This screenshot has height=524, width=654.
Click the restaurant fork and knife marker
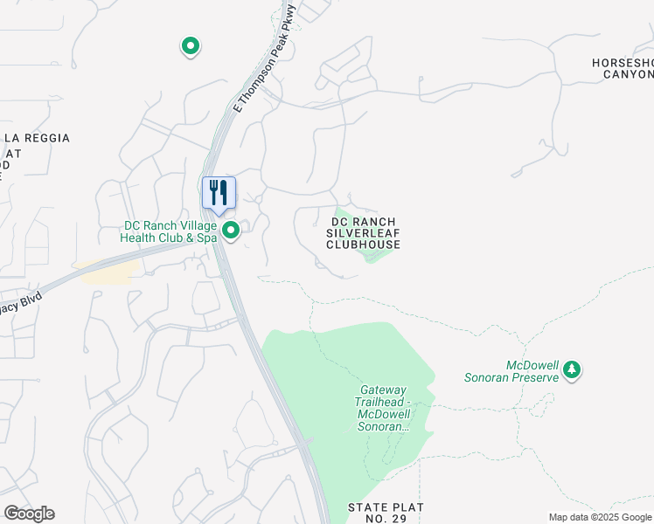click(x=219, y=193)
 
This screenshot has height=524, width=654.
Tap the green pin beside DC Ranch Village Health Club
click(x=232, y=231)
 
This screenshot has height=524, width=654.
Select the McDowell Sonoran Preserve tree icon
click(x=572, y=369)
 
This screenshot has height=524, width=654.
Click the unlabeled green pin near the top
click(x=190, y=46)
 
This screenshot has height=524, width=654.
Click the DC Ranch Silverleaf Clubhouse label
click(x=363, y=233)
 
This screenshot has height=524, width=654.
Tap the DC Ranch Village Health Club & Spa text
click(x=170, y=231)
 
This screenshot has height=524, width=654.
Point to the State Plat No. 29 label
click(x=386, y=513)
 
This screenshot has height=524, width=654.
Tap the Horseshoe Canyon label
click(x=623, y=68)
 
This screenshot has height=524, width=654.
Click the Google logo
click(x=29, y=514)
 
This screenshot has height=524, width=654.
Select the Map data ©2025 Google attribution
click(x=600, y=517)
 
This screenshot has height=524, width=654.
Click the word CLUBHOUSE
click(x=363, y=245)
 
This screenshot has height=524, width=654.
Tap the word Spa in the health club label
click(x=205, y=238)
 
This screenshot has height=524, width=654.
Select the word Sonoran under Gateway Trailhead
click(x=383, y=426)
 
